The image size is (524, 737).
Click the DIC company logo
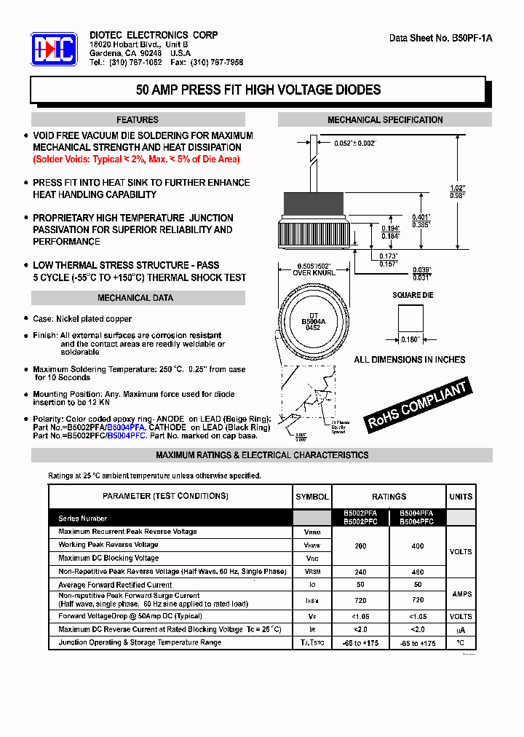pyautogui.click(x=54, y=49)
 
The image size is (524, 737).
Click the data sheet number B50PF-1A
pyautogui.click(x=441, y=38)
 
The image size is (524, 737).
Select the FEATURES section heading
pyautogui.click(x=138, y=119)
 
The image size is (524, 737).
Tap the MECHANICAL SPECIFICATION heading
pyautogui.click(x=385, y=119)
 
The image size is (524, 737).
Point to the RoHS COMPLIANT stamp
pyautogui.click(x=417, y=406)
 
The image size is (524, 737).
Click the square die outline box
pyautogui.click(x=410, y=318)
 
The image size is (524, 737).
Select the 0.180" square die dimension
pyautogui.click(x=410, y=339)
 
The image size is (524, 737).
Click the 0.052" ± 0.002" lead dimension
pyautogui.click(x=355, y=143)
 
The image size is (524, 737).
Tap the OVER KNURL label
pyautogui.click(x=313, y=273)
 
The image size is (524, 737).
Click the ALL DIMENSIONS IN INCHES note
pyautogui.click(x=409, y=360)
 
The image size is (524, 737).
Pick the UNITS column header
pyautogui.click(x=461, y=497)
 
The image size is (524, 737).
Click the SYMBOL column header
pyautogui.click(x=311, y=497)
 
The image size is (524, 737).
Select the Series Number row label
pyautogui.click(x=83, y=519)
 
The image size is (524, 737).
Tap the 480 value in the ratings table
pyautogui.click(x=418, y=572)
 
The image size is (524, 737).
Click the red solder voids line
pyautogui.click(x=136, y=159)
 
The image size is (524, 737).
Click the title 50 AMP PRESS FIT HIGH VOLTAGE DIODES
pyautogui.click(x=258, y=90)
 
